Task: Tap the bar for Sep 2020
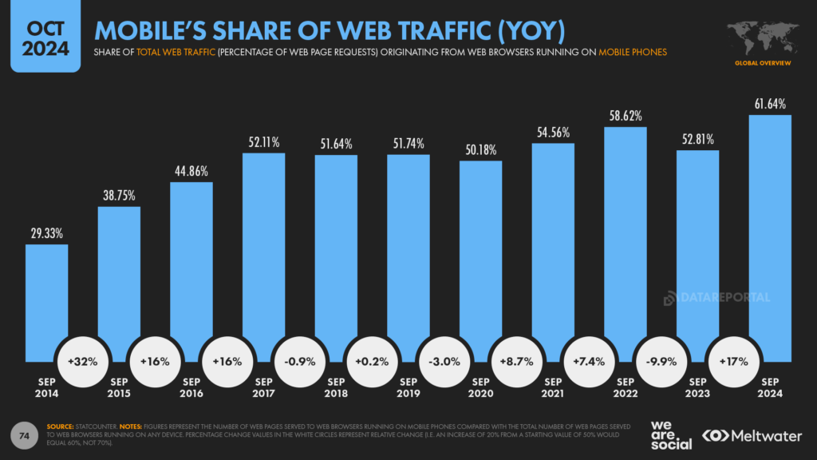480,256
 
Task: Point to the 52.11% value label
263,142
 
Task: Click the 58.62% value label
625,116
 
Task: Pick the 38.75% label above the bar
118,196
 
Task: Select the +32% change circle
83,361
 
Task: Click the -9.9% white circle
661,361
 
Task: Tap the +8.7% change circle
517,361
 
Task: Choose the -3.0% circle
444,361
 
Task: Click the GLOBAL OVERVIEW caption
764,61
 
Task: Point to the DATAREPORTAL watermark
717,298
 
